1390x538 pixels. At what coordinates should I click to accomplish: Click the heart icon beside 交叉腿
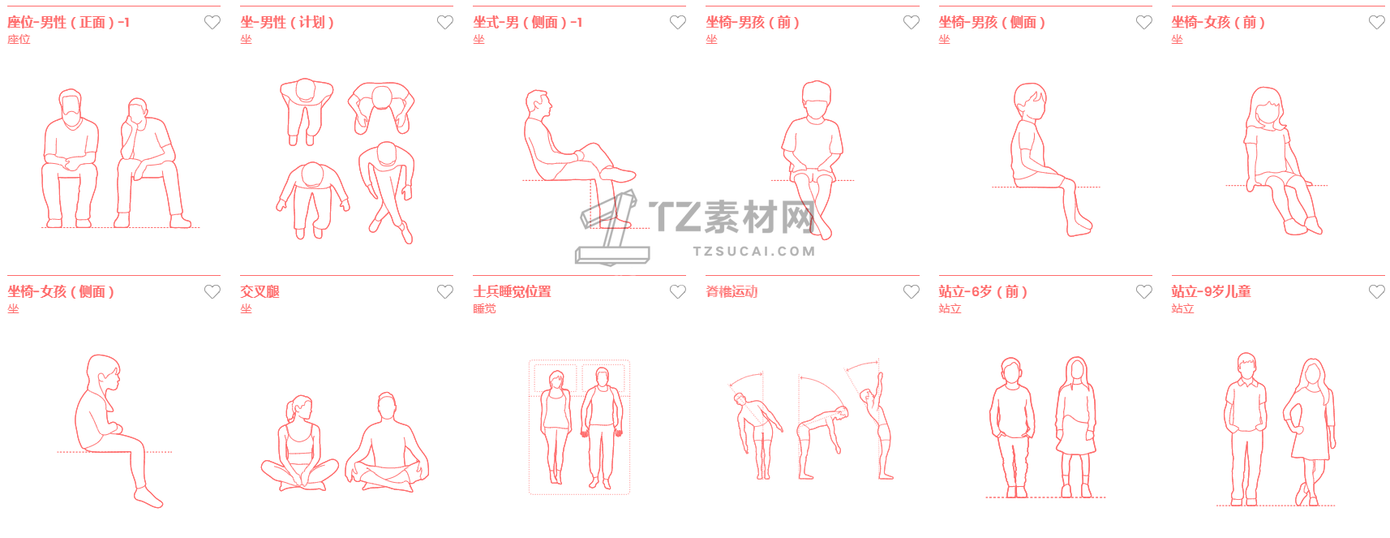click(x=445, y=291)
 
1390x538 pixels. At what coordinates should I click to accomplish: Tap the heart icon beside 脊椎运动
click(x=911, y=291)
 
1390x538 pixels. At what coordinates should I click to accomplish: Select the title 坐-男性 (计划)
click(x=287, y=23)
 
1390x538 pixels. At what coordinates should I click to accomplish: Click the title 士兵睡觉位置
click(x=512, y=291)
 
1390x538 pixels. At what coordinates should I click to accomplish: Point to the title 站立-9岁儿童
click(x=1211, y=291)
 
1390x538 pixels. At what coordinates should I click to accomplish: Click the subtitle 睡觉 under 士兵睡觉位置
click(x=484, y=308)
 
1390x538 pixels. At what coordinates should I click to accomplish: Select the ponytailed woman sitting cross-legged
click(x=299, y=443)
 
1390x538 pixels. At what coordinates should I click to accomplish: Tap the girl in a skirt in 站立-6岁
click(x=1076, y=427)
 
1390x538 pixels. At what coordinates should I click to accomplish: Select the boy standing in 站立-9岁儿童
click(x=1245, y=428)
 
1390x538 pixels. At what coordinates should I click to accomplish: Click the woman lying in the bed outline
click(x=556, y=427)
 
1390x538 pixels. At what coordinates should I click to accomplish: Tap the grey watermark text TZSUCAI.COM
click(x=754, y=251)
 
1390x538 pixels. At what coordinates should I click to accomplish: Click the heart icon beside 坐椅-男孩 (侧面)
click(x=1143, y=23)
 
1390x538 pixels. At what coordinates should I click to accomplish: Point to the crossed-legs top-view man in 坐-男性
click(x=387, y=192)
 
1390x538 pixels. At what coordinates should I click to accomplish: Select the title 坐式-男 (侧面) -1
click(x=527, y=23)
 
